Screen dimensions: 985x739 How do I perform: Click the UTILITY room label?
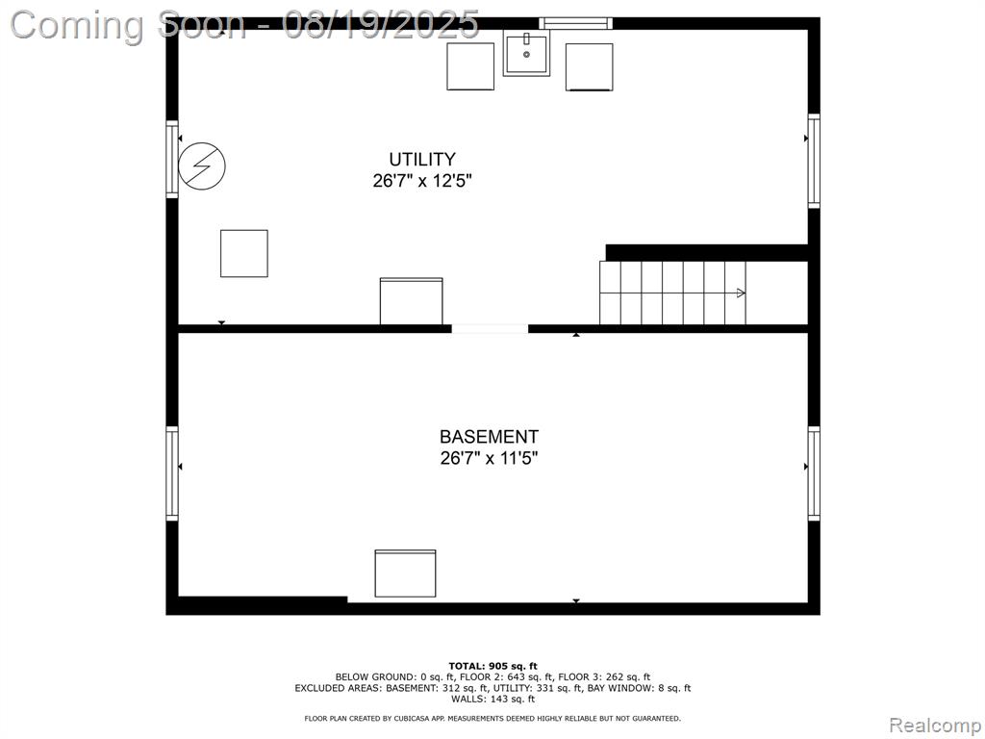(422, 159)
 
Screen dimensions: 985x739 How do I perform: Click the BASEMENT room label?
(489, 437)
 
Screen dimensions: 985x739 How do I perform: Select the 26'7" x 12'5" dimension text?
(422, 181)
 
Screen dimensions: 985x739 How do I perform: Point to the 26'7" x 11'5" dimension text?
(489, 458)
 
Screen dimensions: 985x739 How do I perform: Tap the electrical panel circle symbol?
(202, 166)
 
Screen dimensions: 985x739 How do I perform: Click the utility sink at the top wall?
(526, 55)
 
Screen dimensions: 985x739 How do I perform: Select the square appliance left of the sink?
(470, 66)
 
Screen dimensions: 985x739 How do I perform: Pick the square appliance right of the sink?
(590, 67)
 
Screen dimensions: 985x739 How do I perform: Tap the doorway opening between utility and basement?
(490, 329)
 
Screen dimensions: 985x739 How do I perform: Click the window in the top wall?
(576, 23)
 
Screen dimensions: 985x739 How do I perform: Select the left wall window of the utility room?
(172, 160)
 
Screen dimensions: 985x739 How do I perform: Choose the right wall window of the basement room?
(814, 473)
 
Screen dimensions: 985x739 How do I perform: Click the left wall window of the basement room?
(172, 473)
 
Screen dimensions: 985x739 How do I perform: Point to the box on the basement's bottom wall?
(405, 573)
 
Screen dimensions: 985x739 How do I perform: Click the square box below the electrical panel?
(243, 253)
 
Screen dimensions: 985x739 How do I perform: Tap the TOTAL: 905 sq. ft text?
(493, 666)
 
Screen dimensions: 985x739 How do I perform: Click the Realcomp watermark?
(935, 726)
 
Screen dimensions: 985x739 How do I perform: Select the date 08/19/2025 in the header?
(381, 24)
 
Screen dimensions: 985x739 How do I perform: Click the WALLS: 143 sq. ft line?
(493, 699)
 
